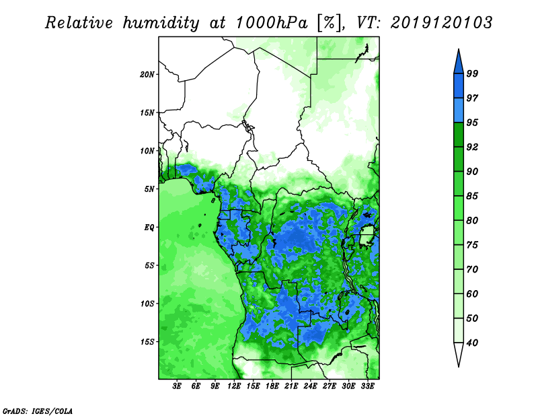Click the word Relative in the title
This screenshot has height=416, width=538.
pos(79,23)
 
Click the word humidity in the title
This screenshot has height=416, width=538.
pos(161,24)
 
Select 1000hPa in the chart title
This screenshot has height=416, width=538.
pos(272,23)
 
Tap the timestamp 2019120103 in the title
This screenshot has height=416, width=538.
pos(441,23)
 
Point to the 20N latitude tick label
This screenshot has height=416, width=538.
pos(147,74)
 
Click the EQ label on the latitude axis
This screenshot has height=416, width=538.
pos(149,228)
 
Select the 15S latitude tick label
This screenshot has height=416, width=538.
pos(147,342)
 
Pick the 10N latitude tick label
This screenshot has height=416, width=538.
pos(147,151)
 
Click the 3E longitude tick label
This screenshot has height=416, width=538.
pos(177,386)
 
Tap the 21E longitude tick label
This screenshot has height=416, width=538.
pos(291,386)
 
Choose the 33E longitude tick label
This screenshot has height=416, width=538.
pos(367,386)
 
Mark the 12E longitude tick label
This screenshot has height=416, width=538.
pos(234,386)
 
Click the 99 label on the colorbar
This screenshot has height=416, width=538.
pos(472,74)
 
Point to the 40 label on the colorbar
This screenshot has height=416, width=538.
pos(472,343)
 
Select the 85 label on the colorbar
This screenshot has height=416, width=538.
pos(472,196)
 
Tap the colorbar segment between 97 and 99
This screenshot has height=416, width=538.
pos(459,86)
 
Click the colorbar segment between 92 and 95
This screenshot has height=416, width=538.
pos(459,135)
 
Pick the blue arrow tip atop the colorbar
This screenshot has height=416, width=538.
pos(459,50)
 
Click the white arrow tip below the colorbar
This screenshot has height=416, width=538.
pos(459,366)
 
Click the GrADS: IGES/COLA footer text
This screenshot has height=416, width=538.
pos(38,411)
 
